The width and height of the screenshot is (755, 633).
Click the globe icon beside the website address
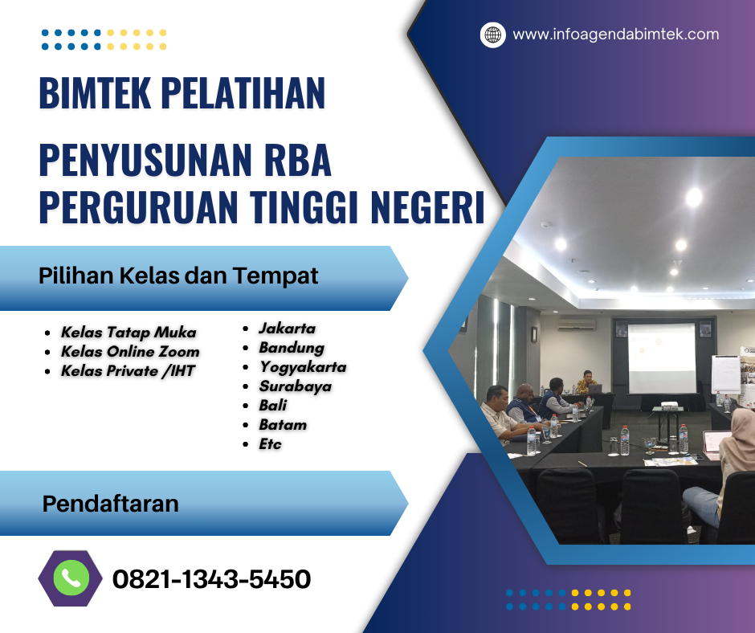492,35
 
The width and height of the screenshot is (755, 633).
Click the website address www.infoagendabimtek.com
615,35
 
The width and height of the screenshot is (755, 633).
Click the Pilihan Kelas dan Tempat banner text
178,276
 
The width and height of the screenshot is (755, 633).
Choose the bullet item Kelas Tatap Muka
129,333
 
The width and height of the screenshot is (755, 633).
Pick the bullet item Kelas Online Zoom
130,352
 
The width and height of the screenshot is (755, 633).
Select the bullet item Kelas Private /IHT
129,371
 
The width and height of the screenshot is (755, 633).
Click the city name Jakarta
287,329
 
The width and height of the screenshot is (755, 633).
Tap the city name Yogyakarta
302,367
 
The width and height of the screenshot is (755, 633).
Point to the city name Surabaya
295,386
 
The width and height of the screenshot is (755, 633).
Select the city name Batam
283,425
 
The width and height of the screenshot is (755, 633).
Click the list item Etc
270,444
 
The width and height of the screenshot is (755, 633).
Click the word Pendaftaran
110,504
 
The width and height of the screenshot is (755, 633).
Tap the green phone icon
71,578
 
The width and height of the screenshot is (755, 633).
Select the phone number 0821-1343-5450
211,579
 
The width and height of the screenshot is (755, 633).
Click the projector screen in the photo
661,358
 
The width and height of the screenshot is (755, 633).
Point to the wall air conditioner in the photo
576,325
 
